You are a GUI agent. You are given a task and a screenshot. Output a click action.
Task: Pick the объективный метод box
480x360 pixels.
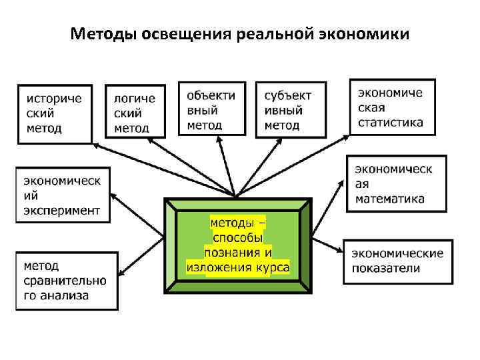tap(211, 109)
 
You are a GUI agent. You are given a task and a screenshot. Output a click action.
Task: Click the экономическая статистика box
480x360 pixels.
tap(392, 107)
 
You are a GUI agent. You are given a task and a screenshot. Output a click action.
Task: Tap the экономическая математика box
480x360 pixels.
tap(396, 183)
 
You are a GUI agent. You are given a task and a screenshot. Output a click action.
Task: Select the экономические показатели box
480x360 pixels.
tap(398, 261)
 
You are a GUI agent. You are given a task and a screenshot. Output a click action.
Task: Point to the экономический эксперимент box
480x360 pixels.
tap(61, 194)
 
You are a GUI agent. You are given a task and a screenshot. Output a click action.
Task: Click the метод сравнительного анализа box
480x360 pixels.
tap(66, 281)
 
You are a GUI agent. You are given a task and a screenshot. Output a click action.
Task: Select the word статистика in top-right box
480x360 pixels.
tap(391, 122)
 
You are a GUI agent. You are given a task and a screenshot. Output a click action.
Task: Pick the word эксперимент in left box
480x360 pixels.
tap(62, 210)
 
